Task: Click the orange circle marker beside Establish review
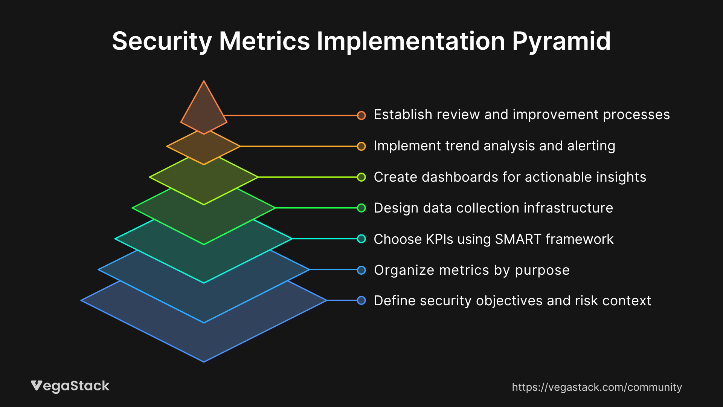(361, 115)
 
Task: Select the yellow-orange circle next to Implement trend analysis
(361, 146)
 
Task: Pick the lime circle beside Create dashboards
(361, 177)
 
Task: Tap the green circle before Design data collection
(361, 208)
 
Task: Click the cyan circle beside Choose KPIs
(361, 239)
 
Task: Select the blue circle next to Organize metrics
(361, 270)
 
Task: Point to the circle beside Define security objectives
(361, 301)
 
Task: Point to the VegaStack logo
(70, 386)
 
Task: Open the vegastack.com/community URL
(596, 387)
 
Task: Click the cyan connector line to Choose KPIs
(324, 239)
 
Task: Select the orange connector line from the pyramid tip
(290, 115)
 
